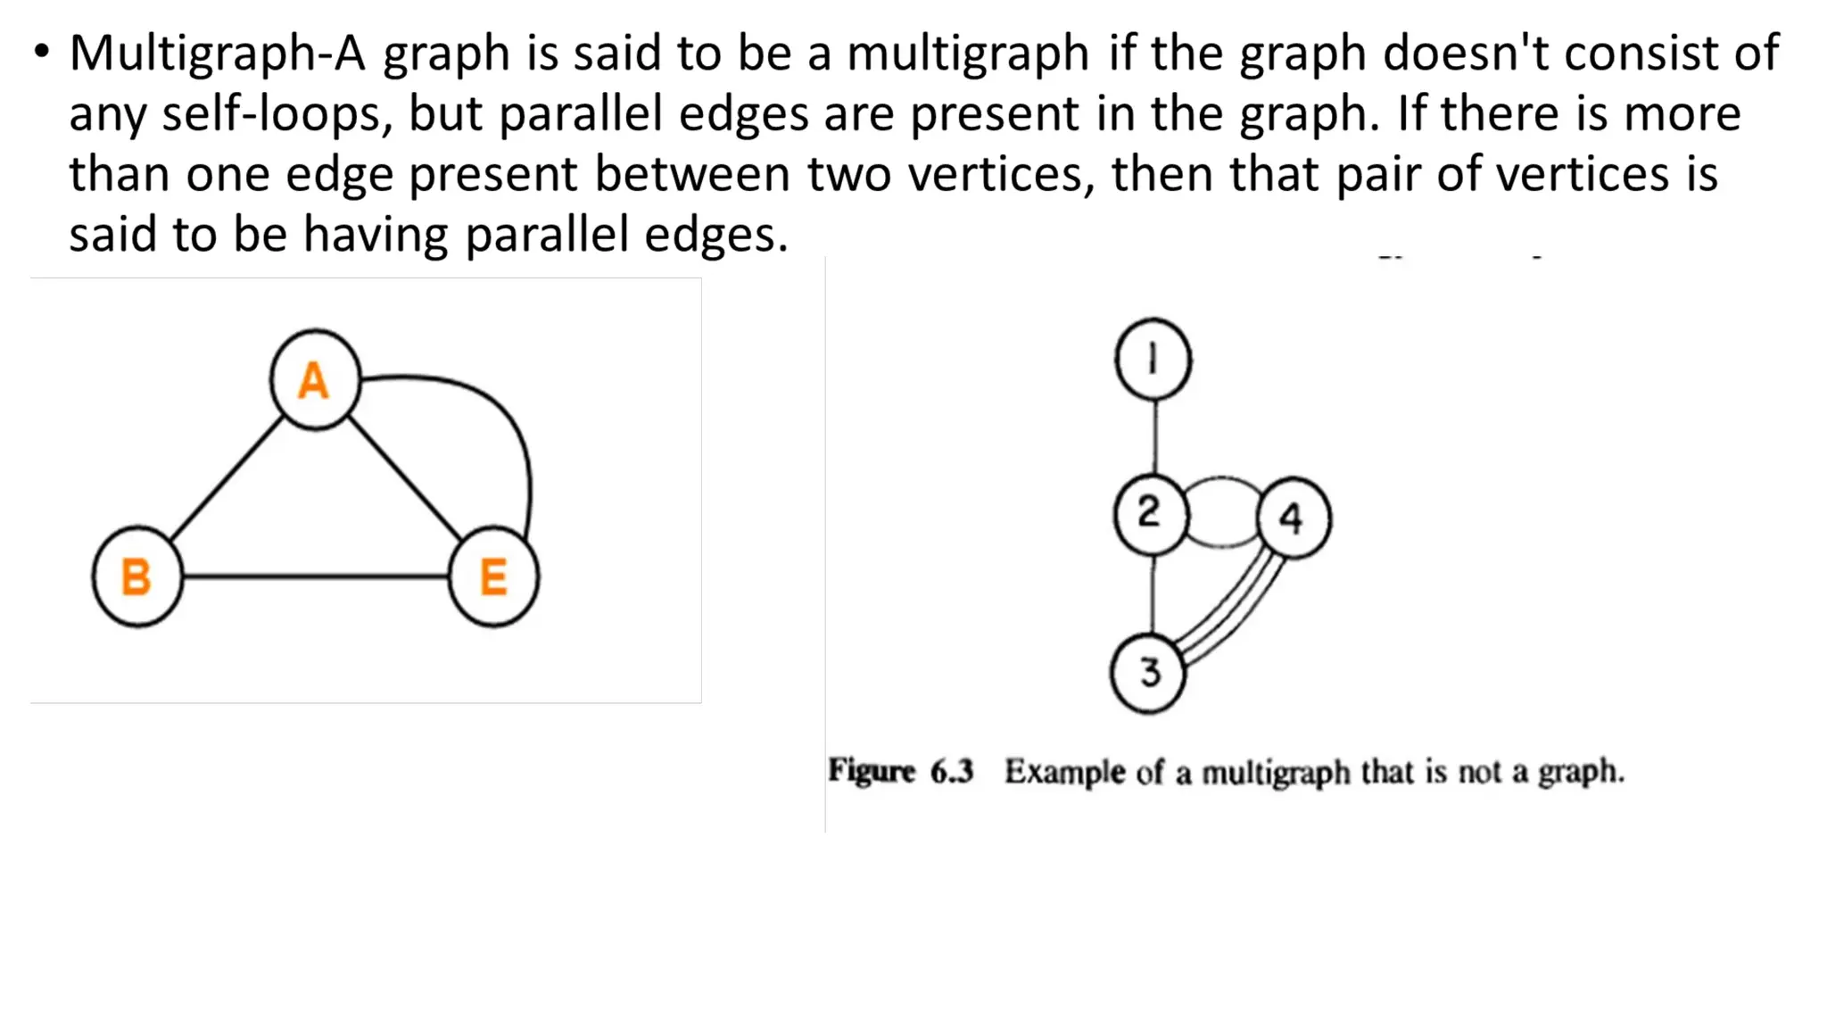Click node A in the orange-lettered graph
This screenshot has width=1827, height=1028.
[315, 380]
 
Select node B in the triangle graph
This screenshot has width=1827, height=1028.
[137, 576]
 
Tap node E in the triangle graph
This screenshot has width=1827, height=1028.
[493, 576]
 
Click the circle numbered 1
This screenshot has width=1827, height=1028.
[1153, 360]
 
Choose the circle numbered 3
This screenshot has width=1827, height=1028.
[1148, 673]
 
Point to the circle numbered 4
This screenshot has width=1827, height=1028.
[1294, 518]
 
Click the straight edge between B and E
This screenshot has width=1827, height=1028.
[315, 576]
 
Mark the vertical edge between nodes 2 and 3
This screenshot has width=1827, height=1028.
[1153, 593]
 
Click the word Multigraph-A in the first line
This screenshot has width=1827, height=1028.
[217, 54]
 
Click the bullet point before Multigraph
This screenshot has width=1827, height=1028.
[41, 52]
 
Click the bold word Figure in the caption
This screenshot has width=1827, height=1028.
[872, 770]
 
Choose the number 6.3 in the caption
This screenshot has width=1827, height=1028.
[952, 771]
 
